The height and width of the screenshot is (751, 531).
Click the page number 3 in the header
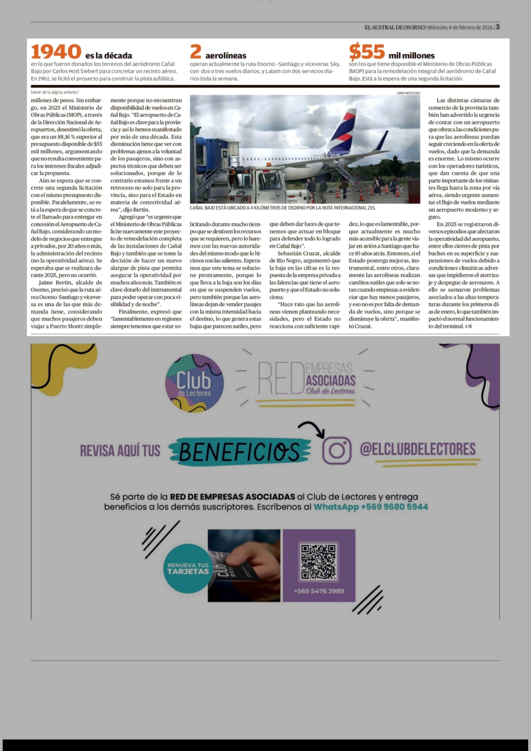(497, 27)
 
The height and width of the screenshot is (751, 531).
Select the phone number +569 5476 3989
(319, 591)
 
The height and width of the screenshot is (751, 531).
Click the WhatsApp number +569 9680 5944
(394, 507)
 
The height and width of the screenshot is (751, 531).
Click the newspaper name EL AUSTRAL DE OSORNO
(395, 27)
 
